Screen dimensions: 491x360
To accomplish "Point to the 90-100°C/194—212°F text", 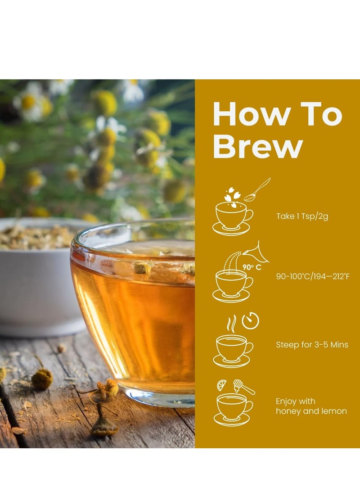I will (x=312, y=276).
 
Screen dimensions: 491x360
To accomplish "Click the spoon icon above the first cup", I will (x=257, y=189).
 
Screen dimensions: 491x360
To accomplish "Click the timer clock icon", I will (x=250, y=320).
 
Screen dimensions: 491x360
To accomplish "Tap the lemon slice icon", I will (x=222, y=385).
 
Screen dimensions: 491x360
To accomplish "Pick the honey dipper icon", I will (x=243, y=387).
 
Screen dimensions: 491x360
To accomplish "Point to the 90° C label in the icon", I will (x=252, y=267).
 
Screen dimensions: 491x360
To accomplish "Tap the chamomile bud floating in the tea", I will (x=142, y=268).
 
